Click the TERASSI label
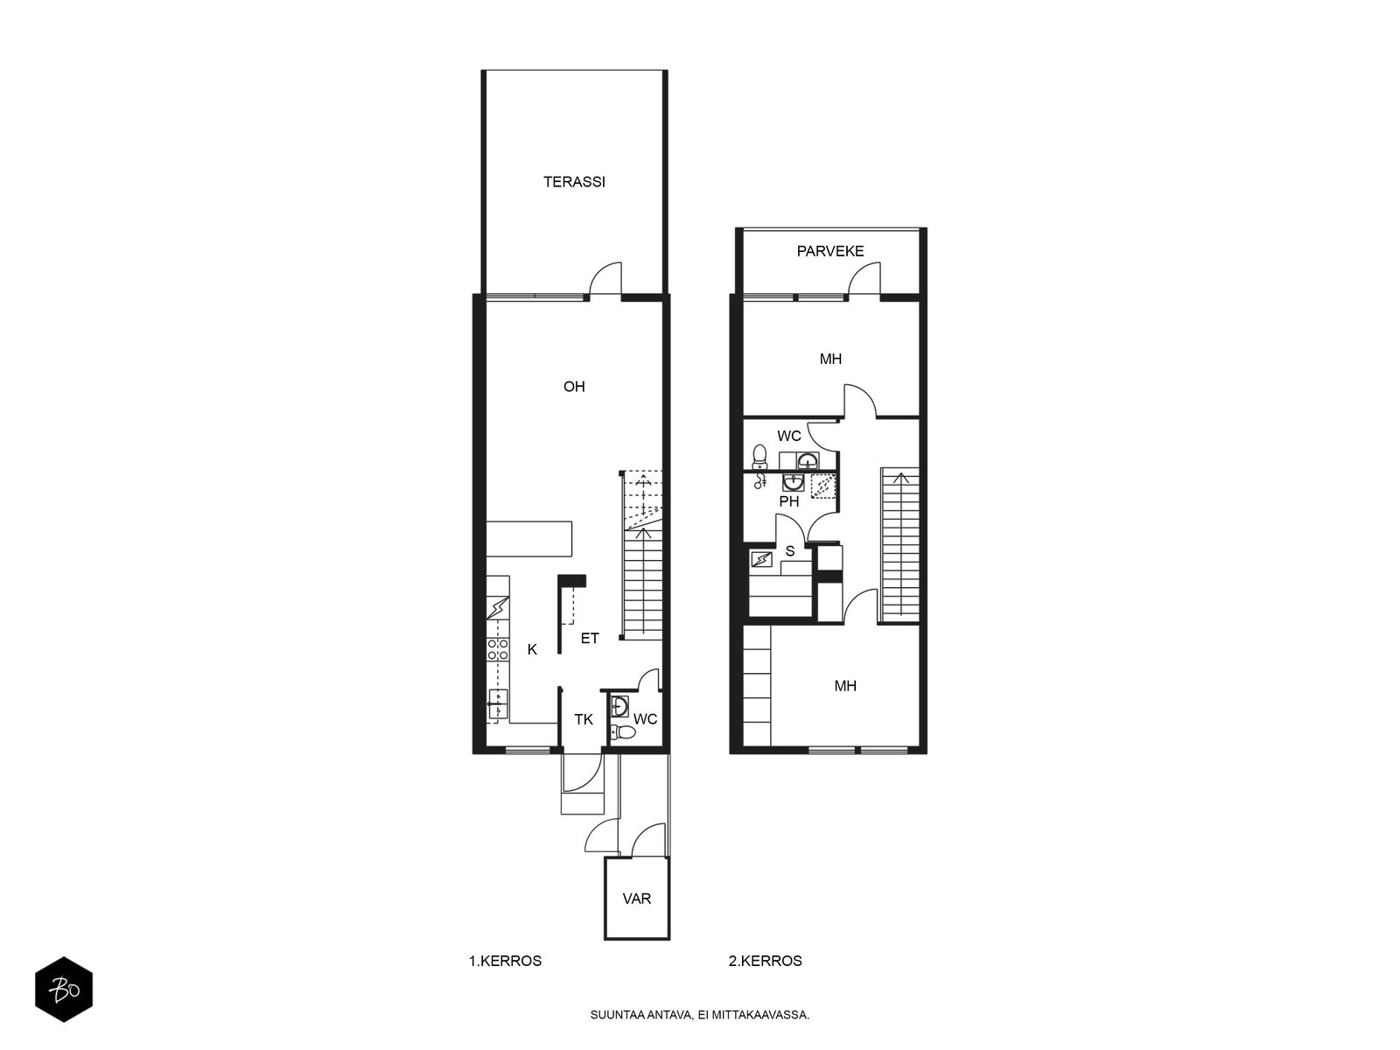574,182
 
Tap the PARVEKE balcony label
829,251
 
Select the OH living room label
574,387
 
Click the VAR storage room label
636,899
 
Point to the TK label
583,720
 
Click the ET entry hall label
590,638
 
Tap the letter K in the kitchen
532,649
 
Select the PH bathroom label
789,501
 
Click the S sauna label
789,551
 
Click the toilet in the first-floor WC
622,732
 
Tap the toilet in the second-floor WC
759,457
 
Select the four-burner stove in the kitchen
498,649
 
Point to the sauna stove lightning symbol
761,560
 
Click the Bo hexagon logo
64,990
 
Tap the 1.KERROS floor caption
505,961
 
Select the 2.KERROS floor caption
766,961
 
